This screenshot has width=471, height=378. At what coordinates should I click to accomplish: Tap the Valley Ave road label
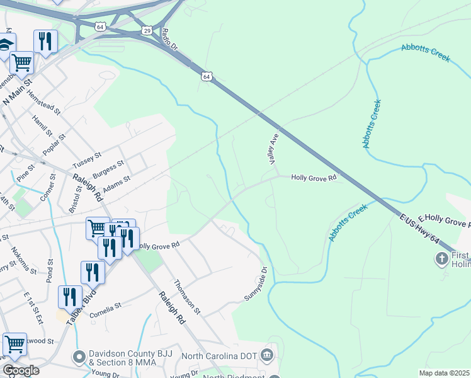[x=273, y=151]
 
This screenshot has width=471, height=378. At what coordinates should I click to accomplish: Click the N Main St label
[x=17, y=91]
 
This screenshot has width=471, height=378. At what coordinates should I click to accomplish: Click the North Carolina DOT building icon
[x=268, y=355]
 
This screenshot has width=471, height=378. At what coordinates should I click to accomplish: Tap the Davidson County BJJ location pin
[x=79, y=357]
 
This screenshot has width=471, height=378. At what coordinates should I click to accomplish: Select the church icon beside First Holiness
[x=441, y=258]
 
